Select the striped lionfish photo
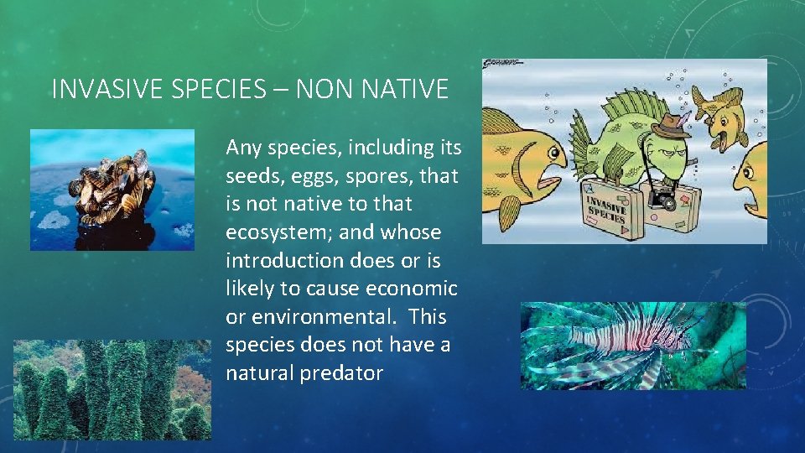coord(632,345)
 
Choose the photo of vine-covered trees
coord(112,389)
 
